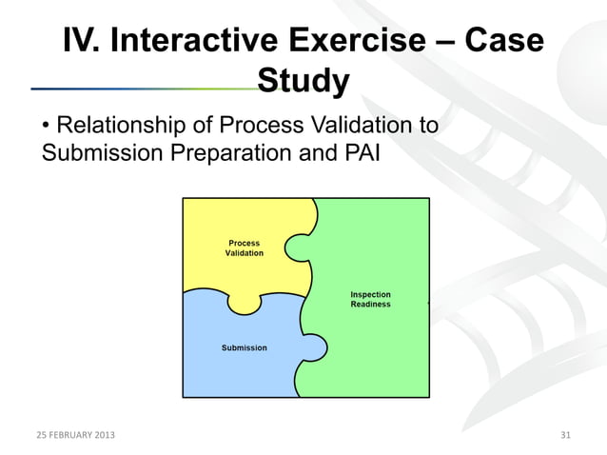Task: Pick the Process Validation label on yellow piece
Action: pos(245,248)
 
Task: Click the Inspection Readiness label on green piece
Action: pos(370,299)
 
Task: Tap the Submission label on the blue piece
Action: pos(245,348)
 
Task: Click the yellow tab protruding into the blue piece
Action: pos(245,303)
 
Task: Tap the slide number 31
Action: pos(565,436)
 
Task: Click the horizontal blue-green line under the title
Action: pos(143,89)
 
